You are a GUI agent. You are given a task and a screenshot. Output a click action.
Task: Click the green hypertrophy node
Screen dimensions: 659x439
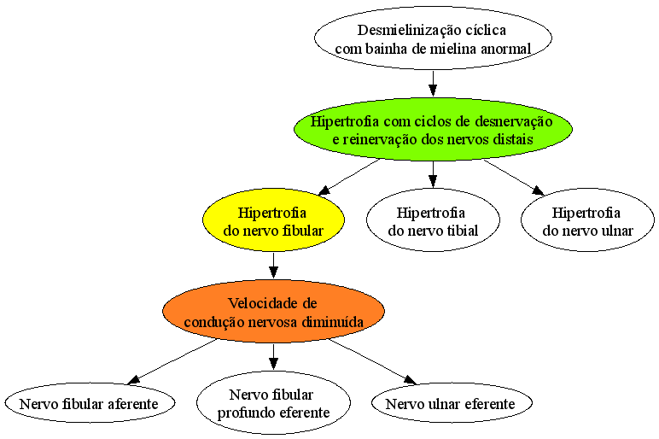pyautogui.click(x=433, y=130)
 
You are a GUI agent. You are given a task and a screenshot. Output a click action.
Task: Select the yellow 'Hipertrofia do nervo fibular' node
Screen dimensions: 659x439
pyautogui.click(x=274, y=219)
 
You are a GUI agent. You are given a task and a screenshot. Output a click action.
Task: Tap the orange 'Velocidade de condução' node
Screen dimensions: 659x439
pyautogui.click(x=274, y=312)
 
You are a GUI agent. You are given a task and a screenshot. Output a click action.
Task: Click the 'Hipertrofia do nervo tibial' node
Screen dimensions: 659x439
pyautogui.click(x=433, y=219)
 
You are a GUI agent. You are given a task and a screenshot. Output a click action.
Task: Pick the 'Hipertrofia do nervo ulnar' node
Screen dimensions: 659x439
pyautogui.click(x=587, y=219)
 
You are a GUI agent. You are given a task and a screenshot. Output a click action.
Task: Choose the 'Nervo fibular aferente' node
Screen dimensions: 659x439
pyautogui.click(x=90, y=403)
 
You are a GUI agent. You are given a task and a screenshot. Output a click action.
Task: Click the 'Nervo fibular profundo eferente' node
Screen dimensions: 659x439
pyautogui.click(x=274, y=403)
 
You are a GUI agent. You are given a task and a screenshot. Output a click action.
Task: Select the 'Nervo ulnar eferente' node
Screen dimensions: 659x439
pyautogui.click(x=452, y=403)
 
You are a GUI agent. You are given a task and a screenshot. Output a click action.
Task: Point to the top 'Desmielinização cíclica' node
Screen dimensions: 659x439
pyautogui.click(x=433, y=38)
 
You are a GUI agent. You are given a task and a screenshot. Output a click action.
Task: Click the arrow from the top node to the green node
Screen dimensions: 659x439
pyautogui.click(x=433, y=84)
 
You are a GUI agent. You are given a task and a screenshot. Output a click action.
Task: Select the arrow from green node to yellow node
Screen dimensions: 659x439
pyautogui.click(x=349, y=177)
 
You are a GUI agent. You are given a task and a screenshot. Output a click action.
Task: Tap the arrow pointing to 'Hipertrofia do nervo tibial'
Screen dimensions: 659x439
pyautogui.click(x=433, y=174)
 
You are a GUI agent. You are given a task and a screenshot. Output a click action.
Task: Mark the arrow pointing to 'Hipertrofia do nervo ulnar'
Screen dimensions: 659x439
pyautogui.click(x=514, y=177)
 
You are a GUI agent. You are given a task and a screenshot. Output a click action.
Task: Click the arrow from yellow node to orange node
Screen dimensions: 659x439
pyautogui.click(x=274, y=266)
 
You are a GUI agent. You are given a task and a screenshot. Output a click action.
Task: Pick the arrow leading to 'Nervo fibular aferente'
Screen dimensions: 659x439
pyautogui.click(x=172, y=361)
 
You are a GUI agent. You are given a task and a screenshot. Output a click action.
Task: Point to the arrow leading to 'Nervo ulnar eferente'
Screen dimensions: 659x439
pyautogui.click(x=373, y=361)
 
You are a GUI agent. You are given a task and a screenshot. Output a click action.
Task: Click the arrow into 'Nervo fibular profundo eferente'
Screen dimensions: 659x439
pyautogui.click(x=274, y=357)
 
